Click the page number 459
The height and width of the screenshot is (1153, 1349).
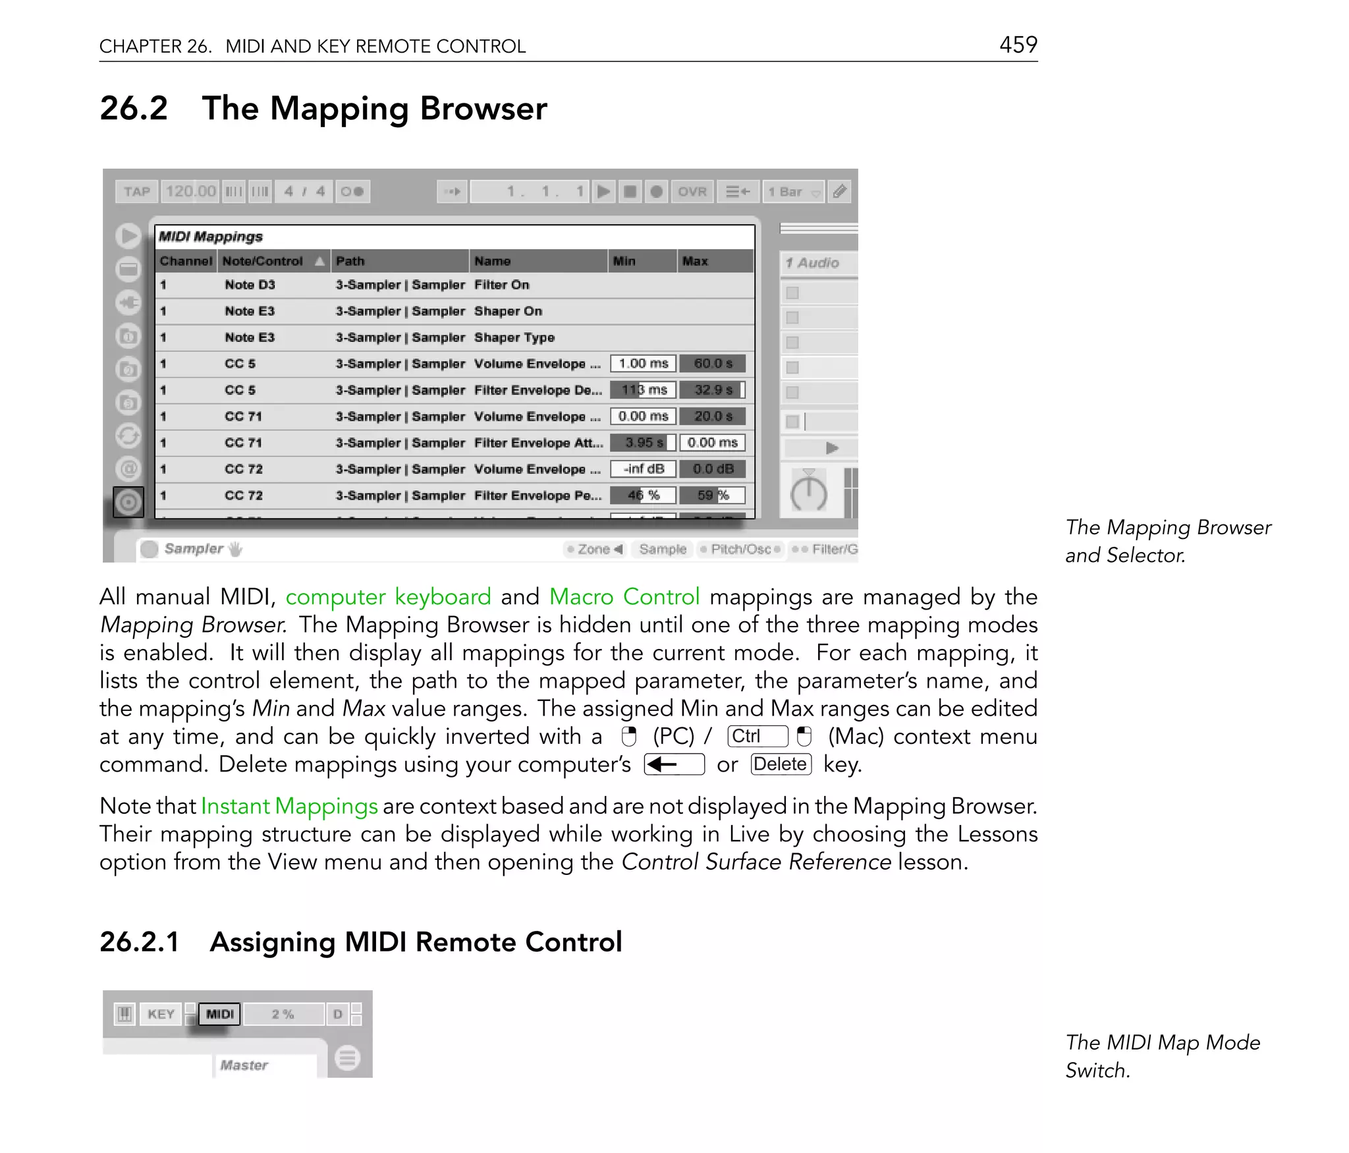pos(1018,45)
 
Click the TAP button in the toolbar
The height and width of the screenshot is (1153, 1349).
pos(137,192)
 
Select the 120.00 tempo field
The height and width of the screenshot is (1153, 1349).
pos(190,192)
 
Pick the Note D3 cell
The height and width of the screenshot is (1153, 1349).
pos(250,285)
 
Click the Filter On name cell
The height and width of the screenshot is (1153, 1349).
pos(501,285)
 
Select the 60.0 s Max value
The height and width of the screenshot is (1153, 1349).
pos(712,364)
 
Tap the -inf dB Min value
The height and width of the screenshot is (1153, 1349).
pos(643,469)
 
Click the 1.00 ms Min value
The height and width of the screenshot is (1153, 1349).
pos(643,364)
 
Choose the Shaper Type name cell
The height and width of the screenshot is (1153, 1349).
pos(514,337)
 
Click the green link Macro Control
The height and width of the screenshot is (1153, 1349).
pos(624,597)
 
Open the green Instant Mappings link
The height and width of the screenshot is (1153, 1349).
pos(289,806)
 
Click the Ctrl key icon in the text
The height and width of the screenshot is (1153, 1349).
pos(757,736)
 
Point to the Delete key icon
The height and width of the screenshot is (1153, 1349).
pos(781,764)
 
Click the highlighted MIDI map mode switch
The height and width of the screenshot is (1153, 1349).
pos(219,1014)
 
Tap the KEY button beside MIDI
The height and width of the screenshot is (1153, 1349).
pos(161,1014)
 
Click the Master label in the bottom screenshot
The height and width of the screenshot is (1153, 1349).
pos(244,1065)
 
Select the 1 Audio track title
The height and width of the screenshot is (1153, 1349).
pos(813,263)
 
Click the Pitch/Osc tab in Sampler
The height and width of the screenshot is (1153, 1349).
pos(740,549)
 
